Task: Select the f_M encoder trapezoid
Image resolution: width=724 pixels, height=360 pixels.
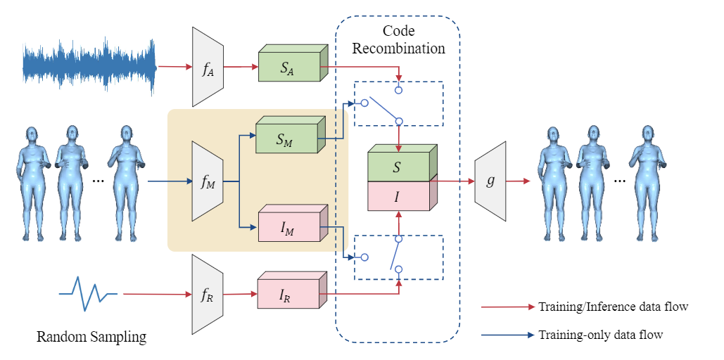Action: coord(208,181)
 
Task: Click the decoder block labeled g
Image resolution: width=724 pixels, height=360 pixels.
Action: coord(490,181)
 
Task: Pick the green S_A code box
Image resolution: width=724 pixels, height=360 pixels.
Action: coord(288,68)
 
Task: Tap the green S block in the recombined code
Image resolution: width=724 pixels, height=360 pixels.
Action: coord(398,167)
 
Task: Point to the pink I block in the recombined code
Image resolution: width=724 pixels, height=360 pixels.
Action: coord(398,195)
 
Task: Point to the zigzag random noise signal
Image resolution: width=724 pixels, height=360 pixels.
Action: coord(87,292)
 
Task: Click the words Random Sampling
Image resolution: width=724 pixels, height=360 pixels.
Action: coord(91,337)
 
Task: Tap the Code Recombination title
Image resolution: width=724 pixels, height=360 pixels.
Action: coord(398,40)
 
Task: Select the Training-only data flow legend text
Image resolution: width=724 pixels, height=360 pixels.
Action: coord(600,335)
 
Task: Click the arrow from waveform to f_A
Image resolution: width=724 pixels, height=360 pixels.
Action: coord(174,67)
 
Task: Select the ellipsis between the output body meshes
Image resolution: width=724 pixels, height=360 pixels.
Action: coord(620,181)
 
